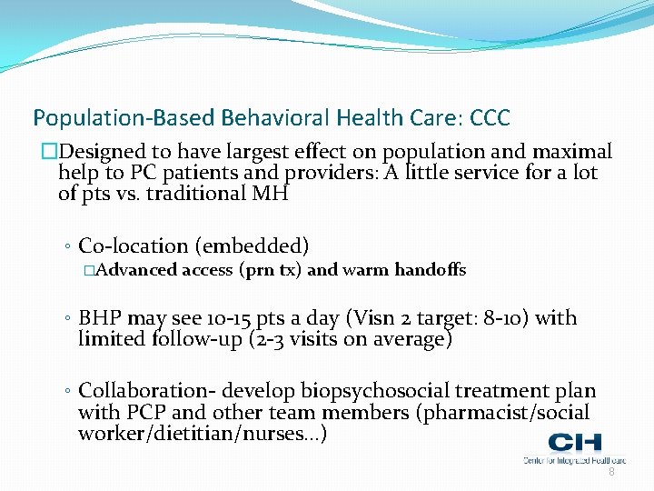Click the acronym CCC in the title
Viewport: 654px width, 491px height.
[x=490, y=118]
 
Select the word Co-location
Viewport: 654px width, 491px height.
[x=130, y=245]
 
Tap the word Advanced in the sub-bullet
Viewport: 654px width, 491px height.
[x=136, y=270]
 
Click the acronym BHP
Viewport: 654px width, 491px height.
[x=100, y=318]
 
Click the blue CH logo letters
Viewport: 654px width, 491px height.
[x=574, y=444]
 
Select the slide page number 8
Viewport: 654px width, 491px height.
[x=611, y=472]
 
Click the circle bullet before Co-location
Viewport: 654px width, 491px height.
[x=69, y=246]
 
